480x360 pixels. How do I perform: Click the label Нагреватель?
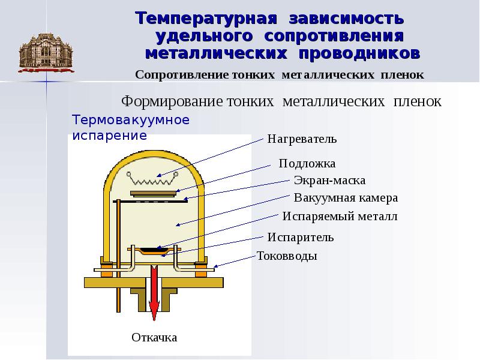coord(302,139)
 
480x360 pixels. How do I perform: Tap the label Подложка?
coord(307,163)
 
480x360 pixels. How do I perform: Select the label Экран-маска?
coord(329,181)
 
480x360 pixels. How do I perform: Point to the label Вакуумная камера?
coord(346,198)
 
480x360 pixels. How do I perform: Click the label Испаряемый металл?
coord(340,217)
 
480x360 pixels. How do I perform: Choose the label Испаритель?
coord(301,237)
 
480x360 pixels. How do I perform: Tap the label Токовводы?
coord(287,256)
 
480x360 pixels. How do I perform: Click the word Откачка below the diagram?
coord(154,337)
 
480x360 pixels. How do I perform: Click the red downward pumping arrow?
coord(154,293)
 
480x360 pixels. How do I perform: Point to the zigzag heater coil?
coord(152,179)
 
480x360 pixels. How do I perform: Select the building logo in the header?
coord(46,53)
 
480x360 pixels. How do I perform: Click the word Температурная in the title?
coord(206,18)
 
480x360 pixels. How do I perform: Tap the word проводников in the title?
coord(359,53)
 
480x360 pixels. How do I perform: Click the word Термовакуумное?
coord(131,119)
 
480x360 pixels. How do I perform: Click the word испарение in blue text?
coord(110,136)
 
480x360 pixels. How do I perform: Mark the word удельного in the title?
coord(204,36)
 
